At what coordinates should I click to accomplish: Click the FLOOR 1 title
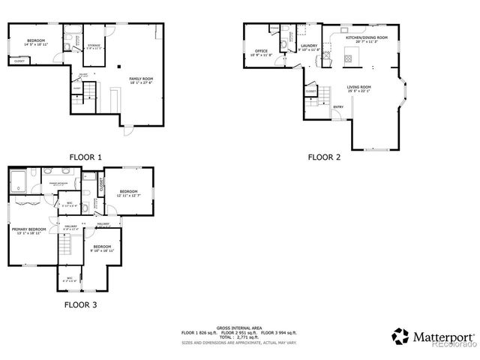tap(85, 157)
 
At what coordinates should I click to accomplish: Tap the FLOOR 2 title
tap(324, 157)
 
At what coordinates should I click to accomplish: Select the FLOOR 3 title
tap(80, 304)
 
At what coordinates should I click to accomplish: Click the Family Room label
tap(140, 80)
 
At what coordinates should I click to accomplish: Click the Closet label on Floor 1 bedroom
tap(19, 61)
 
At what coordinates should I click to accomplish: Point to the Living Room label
tap(358, 88)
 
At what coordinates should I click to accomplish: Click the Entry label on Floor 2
tap(338, 106)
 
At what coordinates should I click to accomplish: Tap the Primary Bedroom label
tap(28, 230)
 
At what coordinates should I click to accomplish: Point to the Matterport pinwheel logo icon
tap(401, 336)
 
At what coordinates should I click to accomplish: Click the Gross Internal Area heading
tap(239, 327)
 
